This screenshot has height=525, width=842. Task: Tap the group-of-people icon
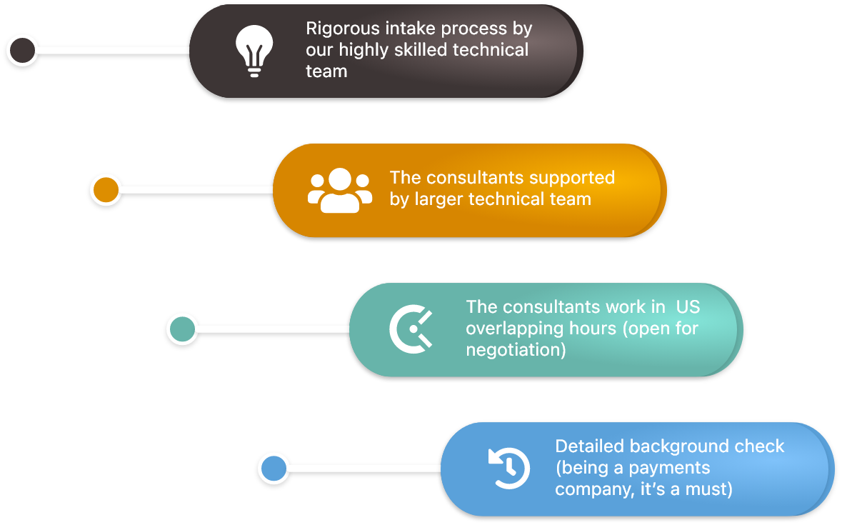[340, 191]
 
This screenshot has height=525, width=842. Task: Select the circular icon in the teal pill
[411, 329]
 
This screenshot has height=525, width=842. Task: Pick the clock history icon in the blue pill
[508, 469]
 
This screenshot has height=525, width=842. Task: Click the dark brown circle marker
[22, 50]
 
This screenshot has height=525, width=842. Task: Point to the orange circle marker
[106, 190]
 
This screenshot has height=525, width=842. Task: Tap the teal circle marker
[182, 329]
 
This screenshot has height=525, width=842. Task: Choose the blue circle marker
[273, 469]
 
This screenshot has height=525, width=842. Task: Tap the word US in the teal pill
[688, 307]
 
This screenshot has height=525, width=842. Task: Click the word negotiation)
[516, 350]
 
